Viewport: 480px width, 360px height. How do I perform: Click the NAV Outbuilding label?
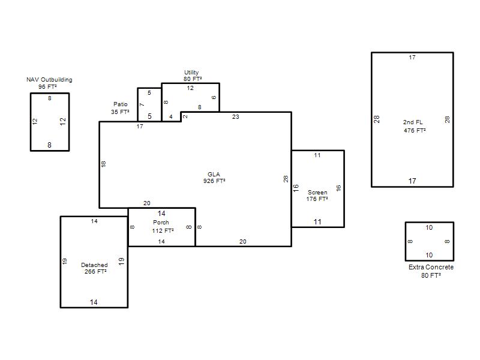[x=49, y=80]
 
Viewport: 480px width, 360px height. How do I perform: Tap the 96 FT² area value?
[x=47, y=86]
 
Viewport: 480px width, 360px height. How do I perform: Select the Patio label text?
[x=121, y=104]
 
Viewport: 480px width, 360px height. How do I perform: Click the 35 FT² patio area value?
[x=120, y=112]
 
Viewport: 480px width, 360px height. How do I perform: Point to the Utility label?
[x=191, y=73]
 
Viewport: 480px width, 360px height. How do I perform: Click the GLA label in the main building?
[x=214, y=174]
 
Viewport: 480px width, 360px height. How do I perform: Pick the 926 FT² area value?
[x=214, y=181]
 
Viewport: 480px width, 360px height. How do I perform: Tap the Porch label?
[x=161, y=222]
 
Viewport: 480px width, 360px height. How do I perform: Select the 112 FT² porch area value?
[x=163, y=230]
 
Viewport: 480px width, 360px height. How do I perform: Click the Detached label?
[x=94, y=265]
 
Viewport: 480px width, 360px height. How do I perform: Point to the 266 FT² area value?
[x=95, y=272]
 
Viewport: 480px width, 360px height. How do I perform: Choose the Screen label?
[x=317, y=192]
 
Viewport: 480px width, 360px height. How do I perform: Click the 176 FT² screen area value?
[x=317, y=199]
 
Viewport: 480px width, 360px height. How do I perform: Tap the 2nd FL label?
[x=413, y=122]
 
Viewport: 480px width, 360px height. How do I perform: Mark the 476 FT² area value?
[x=415, y=130]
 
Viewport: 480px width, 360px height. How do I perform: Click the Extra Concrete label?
[x=431, y=267]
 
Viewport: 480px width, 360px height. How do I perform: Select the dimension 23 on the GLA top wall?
[x=235, y=116]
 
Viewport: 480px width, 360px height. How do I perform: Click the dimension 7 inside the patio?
[x=142, y=104]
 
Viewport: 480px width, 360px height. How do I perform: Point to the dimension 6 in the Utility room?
[x=214, y=97]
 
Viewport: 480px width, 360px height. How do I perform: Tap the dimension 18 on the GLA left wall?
[x=103, y=164]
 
